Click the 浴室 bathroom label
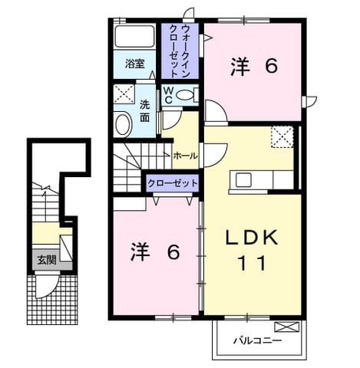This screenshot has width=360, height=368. [x=135, y=64]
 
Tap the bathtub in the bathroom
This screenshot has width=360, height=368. [x=134, y=36]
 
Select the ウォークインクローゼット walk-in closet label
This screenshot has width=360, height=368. [x=180, y=51]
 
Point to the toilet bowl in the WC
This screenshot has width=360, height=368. [x=186, y=95]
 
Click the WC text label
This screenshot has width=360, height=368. [x=168, y=95]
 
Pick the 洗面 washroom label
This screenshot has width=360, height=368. [x=144, y=111]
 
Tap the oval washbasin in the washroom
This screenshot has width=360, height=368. [x=123, y=125]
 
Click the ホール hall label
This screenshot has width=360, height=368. [x=186, y=156]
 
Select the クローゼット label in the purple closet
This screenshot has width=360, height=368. [x=173, y=183]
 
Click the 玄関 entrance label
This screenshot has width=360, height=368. [x=47, y=260]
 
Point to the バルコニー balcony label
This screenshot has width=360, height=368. [x=257, y=340]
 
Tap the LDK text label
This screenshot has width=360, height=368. [x=252, y=238]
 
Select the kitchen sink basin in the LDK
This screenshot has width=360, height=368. [x=243, y=180]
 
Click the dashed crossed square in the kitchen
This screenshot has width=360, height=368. [x=282, y=137]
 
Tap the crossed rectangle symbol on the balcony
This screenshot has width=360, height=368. [x=286, y=327]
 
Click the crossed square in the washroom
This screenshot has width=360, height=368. [x=124, y=94]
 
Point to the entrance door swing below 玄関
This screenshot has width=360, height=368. [x=48, y=285]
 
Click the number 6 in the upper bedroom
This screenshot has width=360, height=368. [x=271, y=66]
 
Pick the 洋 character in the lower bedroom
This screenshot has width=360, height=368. [x=140, y=252]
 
